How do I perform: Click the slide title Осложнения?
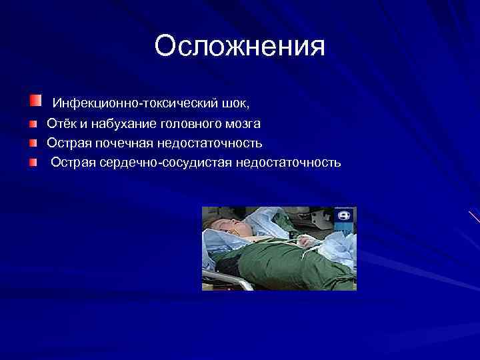point(239,47)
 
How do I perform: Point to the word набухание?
point(117,124)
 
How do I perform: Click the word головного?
point(194,124)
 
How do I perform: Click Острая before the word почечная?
point(67,143)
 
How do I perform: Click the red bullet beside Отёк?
point(33,124)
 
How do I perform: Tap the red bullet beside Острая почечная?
point(33,143)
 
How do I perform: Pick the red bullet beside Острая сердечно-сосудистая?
point(33,163)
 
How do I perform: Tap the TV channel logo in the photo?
point(344,216)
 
